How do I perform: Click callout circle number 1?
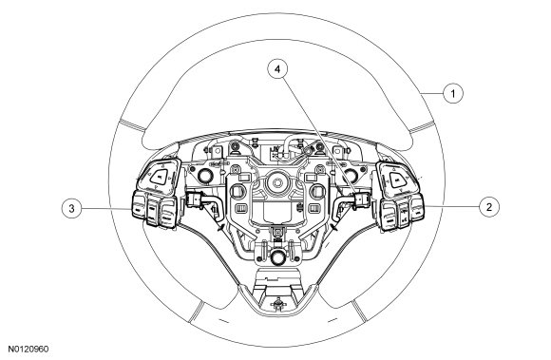pyautogui.click(x=453, y=93)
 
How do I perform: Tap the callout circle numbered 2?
pyautogui.click(x=489, y=207)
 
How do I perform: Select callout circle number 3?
pyautogui.click(x=71, y=208)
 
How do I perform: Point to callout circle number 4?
pyautogui.click(x=277, y=69)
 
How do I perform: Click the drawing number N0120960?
pyautogui.click(x=28, y=350)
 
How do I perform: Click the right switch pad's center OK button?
pyautogui.click(x=397, y=180)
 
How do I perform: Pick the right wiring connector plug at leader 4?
pyautogui.click(x=362, y=199)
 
